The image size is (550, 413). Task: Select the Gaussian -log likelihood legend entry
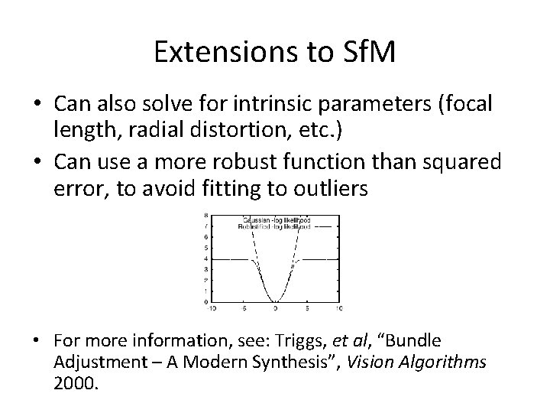[x=277, y=220]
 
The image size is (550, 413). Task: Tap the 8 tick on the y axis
[x=206, y=216]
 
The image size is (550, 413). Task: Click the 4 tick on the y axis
[x=206, y=259]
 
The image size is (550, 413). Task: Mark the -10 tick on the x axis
[x=212, y=308]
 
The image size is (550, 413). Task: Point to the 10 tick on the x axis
[x=338, y=308]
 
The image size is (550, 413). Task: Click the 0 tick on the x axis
[x=275, y=308]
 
